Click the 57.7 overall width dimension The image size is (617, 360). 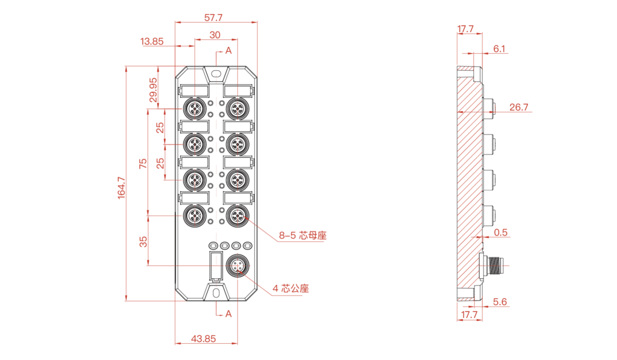pos(213,18)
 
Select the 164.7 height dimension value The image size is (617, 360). pos(122,188)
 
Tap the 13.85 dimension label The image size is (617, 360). pos(152,41)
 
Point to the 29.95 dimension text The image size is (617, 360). pos(153,90)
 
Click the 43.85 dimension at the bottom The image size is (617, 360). pos(204,338)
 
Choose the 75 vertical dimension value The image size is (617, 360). pos(143,163)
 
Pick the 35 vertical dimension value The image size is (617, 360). pos(143,241)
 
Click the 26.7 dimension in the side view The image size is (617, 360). pos(519,107)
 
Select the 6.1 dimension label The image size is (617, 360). pos(499,49)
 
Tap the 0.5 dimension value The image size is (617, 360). pos(500,233)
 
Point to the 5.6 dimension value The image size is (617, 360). pos(500,302)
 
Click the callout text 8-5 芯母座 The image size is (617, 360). pos(303,236)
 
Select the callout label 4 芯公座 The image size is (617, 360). pos(291,288)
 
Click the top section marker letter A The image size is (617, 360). pos(229,51)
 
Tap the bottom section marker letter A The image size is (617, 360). pos(229,313)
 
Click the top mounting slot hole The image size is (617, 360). pos(216,73)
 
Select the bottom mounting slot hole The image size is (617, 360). pos(216,293)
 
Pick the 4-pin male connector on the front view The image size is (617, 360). pos(237,266)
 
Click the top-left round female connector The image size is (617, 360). pos(195,108)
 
